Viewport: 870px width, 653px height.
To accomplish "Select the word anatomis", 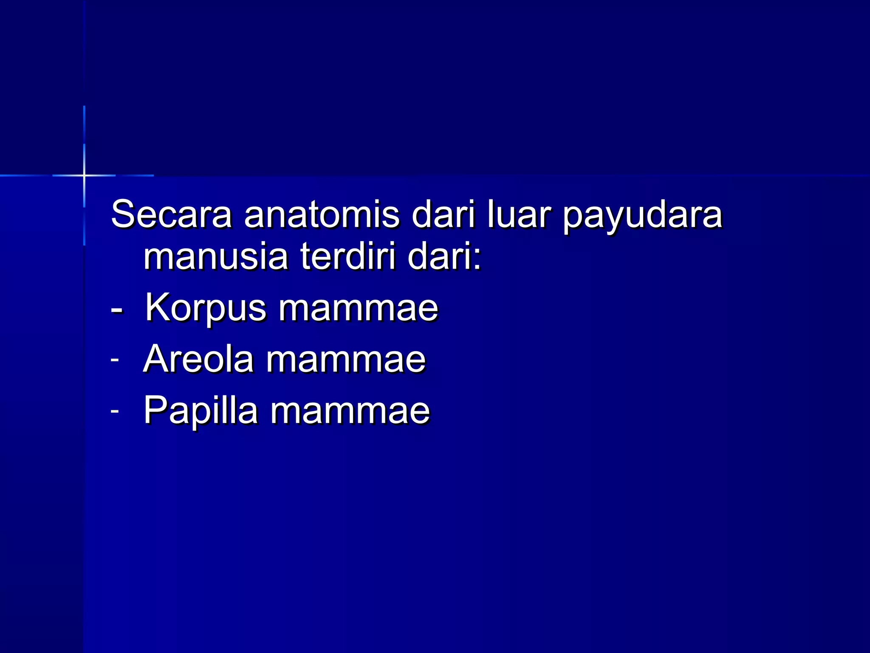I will click(322, 215).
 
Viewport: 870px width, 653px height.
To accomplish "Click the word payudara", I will click(642, 217).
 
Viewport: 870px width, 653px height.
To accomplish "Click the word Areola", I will click(199, 360).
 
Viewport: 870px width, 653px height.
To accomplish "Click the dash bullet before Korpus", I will click(116, 310).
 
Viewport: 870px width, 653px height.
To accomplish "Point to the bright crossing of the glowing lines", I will click(84, 175).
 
